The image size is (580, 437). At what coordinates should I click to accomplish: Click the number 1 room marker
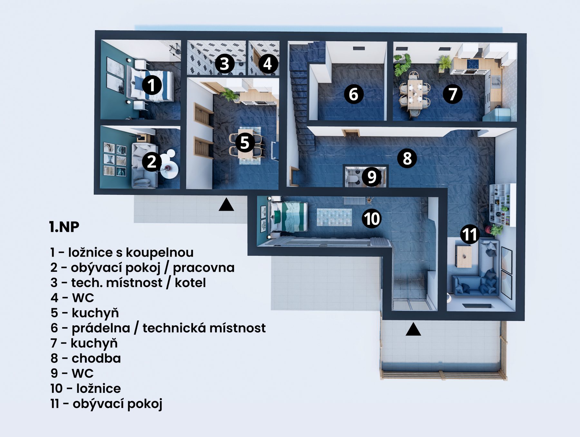pos(151,85)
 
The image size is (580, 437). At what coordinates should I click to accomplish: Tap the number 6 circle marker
pos(353,94)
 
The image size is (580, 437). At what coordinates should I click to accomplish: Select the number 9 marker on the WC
pos(372,177)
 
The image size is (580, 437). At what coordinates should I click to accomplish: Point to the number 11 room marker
pos(469,234)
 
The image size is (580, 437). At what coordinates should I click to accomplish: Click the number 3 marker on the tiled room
pos(225,64)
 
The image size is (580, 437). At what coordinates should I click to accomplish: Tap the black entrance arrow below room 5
pos(226,204)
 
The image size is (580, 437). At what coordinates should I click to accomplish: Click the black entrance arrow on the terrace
pos(413,329)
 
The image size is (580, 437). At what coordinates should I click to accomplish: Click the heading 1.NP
pos(64,227)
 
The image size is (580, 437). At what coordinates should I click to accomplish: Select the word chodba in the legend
pos(96,358)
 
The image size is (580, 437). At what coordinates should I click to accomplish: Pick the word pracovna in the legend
pos(204,268)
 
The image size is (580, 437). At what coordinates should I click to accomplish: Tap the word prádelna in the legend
pos(101,328)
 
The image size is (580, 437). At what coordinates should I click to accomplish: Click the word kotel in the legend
pos(190,283)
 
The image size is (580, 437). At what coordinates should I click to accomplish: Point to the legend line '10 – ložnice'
pos(86,389)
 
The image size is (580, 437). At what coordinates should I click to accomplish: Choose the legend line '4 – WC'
pos(72,298)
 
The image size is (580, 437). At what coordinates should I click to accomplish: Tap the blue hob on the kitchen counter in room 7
pos(473,64)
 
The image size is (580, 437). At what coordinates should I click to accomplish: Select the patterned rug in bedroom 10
pos(334,217)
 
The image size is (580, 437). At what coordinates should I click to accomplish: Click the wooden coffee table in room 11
pos(464,256)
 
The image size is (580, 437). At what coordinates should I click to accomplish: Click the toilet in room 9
pos(353,178)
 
